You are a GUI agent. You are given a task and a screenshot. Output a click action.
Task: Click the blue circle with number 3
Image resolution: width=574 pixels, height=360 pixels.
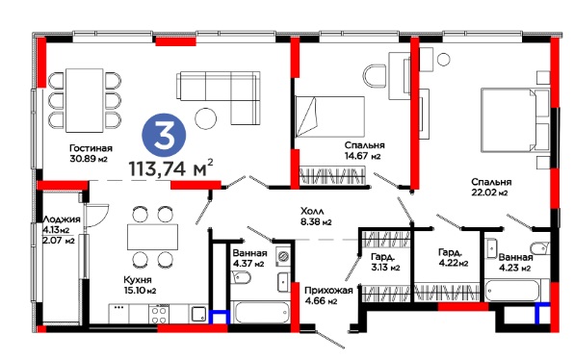164,135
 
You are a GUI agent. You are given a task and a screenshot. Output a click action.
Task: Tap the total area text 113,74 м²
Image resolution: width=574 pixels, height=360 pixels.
171,168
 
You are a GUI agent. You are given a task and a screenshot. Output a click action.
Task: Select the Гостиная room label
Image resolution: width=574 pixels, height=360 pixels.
91,148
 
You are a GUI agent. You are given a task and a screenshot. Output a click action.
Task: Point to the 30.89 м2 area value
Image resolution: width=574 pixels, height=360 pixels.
89,159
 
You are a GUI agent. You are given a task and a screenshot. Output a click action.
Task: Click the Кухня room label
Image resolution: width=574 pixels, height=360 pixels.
138,280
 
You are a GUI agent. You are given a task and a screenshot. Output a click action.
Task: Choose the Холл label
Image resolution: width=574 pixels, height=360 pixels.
312,211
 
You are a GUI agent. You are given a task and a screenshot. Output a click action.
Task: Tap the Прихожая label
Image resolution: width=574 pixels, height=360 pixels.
328,291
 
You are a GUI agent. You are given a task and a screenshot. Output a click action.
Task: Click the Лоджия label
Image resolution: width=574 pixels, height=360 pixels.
62,219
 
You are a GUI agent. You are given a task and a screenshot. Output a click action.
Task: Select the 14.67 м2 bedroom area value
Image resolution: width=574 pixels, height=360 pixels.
362,156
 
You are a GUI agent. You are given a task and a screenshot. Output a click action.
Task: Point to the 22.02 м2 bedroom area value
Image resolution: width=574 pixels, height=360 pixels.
489,193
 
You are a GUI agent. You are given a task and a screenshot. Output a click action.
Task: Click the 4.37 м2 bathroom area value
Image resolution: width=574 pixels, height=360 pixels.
248,264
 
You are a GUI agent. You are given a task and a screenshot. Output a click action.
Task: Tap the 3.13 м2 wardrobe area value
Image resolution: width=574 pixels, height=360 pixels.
385,268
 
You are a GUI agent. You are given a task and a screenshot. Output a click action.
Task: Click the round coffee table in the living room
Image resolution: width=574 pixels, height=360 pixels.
205,118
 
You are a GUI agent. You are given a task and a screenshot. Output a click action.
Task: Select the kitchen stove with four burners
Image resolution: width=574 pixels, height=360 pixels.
159,314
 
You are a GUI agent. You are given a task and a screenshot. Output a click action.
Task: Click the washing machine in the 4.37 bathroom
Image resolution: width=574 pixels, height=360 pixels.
284,256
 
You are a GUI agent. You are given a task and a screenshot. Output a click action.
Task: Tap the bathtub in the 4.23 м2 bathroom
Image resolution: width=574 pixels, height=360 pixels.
512,291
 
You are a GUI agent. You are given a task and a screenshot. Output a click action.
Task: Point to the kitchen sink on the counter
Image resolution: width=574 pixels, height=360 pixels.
198,314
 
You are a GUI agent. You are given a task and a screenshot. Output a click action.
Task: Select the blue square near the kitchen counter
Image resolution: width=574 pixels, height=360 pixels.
220,317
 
